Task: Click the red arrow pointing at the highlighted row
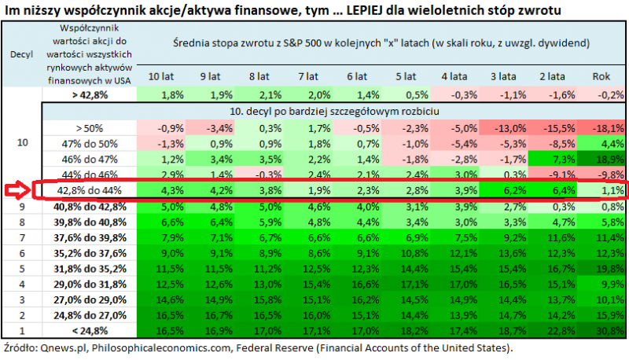pyautogui.click(x=17, y=190)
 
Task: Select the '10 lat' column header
pyautogui.click(x=161, y=76)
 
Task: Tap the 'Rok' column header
pyautogui.click(x=601, y=76)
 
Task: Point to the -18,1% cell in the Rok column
pyautogui.click(x=601, y=127)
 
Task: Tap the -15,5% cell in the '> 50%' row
pyautogui.click(x=552, y=127)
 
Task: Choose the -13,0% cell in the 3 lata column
pyautogui.click(x=503, y=127)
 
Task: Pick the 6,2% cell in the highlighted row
pyautogui.click(x=503, y=190)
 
